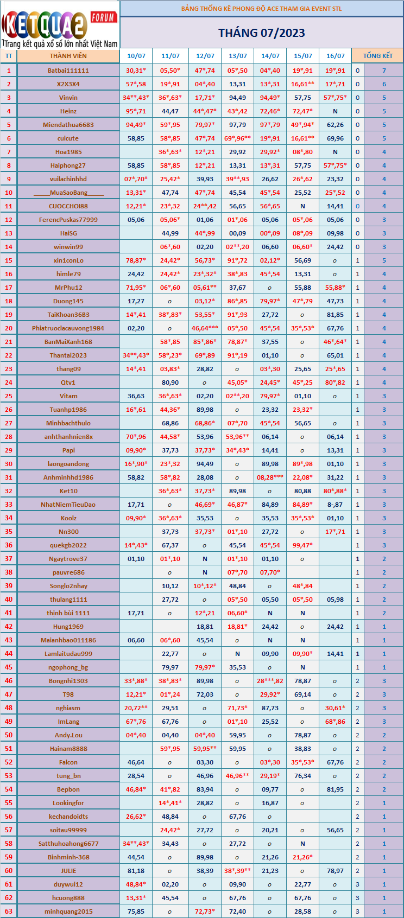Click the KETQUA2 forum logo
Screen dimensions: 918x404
[x=60, y=25]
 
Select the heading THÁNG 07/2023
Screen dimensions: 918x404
[x=262, y=33]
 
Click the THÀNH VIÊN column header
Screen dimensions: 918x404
[x=68, y=56]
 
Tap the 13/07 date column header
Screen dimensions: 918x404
[x=238, y=56]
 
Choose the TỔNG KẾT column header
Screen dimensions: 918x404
[x=377, y=56]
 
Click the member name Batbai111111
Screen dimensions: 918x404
[x=68, y=71]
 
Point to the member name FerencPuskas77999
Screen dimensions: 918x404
[x=68, y=220]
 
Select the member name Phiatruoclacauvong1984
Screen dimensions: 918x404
[x=68, y=328]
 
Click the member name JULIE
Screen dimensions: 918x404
[x=68, y=871]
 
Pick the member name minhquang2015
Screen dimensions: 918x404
[x=68, y=911]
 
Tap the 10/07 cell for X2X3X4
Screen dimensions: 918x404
[x=136, y=84]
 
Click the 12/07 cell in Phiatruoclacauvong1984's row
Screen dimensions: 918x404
[x=205, y=328]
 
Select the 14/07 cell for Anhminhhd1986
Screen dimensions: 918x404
[x=270, y=477]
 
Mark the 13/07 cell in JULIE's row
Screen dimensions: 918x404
[x=238, y=871]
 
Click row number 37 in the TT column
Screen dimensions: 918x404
[x=9, y=559]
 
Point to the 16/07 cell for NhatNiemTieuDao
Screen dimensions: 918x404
[x=335, y=505]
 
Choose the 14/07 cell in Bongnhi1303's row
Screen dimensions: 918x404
[x=270, y=681]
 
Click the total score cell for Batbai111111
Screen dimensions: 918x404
[x=384, y=71]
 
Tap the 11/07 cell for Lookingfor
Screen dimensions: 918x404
[x=171, y=803]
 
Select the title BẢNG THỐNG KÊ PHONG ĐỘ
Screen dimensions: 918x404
[x=262, y=9]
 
